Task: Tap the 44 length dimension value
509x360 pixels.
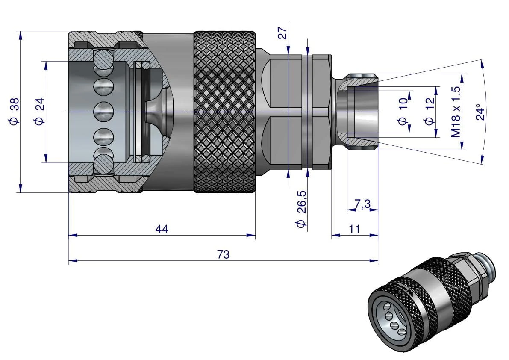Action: coord(162,229)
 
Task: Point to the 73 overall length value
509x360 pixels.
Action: coord(223,255)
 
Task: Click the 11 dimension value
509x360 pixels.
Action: coord(354,229)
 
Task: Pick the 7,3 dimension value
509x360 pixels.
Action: coord(362,204)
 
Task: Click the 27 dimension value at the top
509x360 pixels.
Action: coord(282,33)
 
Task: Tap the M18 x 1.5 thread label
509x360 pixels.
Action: coord(456,112)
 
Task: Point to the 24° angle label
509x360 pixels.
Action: coord(480,112)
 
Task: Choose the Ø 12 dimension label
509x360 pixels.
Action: coord(429,112)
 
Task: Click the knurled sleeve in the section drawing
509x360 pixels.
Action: coord(224,112)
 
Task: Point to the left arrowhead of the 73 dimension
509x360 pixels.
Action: coord(71,260)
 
